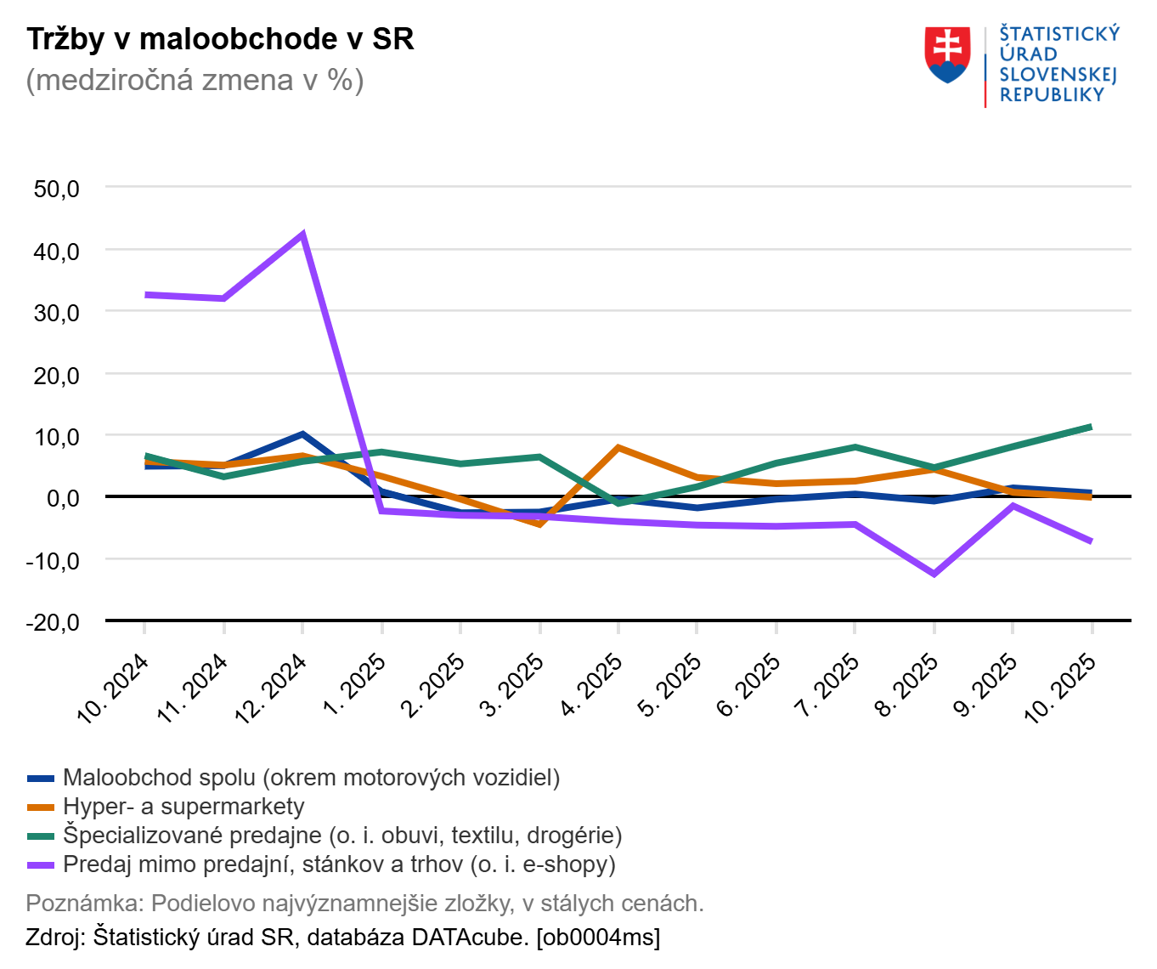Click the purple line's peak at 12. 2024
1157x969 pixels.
[x=302, y=234]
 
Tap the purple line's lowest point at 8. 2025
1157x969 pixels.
[x=934, y=575]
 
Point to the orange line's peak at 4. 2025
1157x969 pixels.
[x=618, y=447]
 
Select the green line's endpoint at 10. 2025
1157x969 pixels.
[x=1091, y=427]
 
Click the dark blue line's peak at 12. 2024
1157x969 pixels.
[x=302, y=434]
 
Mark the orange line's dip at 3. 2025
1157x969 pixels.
[x=539, y=524]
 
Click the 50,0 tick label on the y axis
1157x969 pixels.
[x=57, y=189]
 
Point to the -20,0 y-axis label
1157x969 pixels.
[x=53, y=622]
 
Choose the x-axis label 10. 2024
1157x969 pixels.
[x=113, y=688]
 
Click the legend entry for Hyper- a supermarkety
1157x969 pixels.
[x=183, y=807]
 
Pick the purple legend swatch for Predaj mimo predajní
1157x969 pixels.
[x=41, y=864]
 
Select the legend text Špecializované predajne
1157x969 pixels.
[x=191, y=836]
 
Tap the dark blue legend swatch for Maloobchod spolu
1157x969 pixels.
[x=41, y=778]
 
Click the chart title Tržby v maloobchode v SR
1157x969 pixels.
[x=220, y=39]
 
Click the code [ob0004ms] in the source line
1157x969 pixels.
[x=598, y=938]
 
